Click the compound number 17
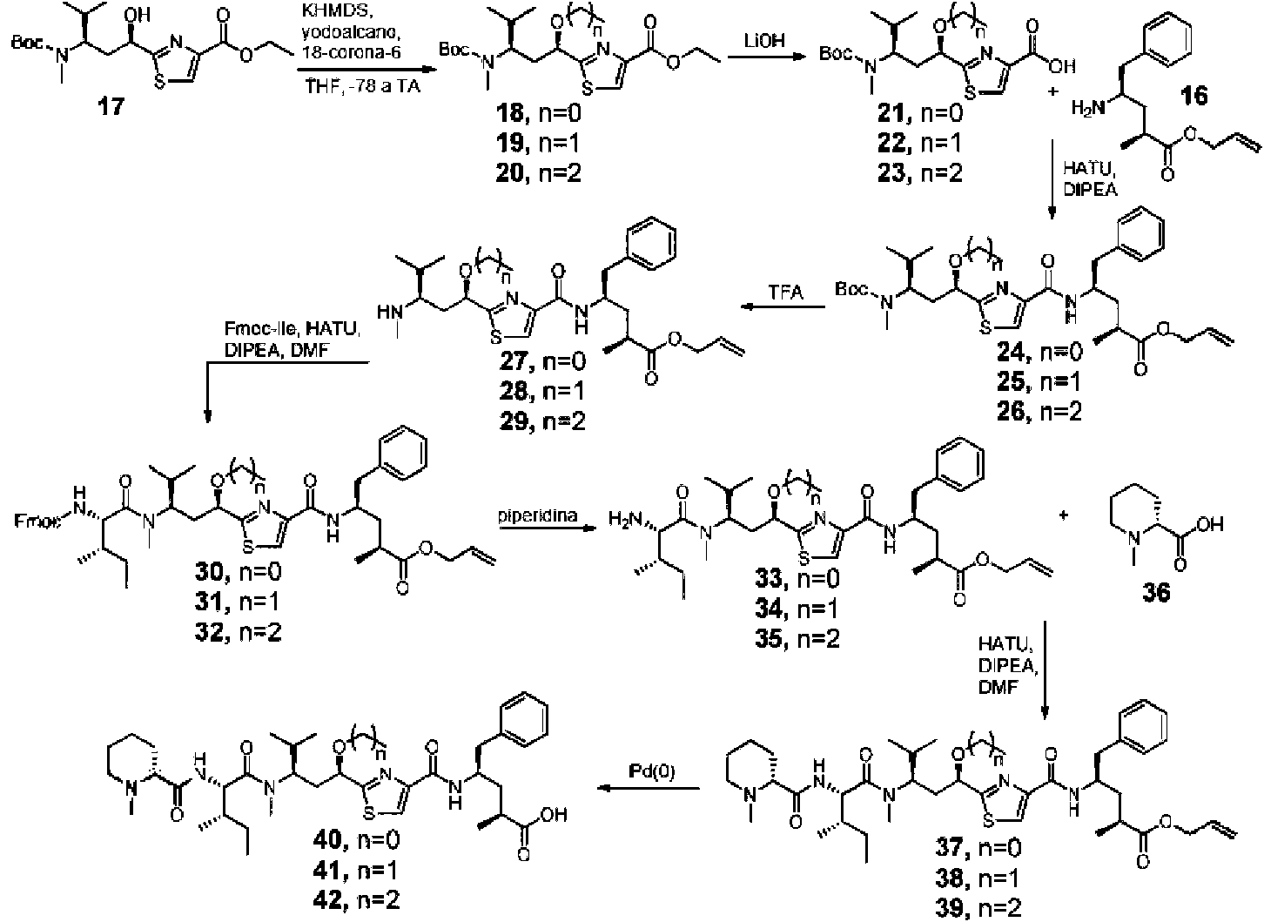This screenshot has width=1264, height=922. point(111,106)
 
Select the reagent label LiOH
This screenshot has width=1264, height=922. point(764,42)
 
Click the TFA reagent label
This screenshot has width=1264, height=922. point(785,293)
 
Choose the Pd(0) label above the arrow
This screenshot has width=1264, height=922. point(652,771)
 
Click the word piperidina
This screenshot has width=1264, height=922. point(538,515)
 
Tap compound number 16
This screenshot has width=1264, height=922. point(1193,96)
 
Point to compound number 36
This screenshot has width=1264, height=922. point(1156,592)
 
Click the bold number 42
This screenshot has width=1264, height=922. point(330,900)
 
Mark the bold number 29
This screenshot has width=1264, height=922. point(514,421)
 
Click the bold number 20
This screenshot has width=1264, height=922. point(511,172)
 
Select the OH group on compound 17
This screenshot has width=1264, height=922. point(138,14)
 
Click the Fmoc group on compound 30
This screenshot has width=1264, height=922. point(36,521)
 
